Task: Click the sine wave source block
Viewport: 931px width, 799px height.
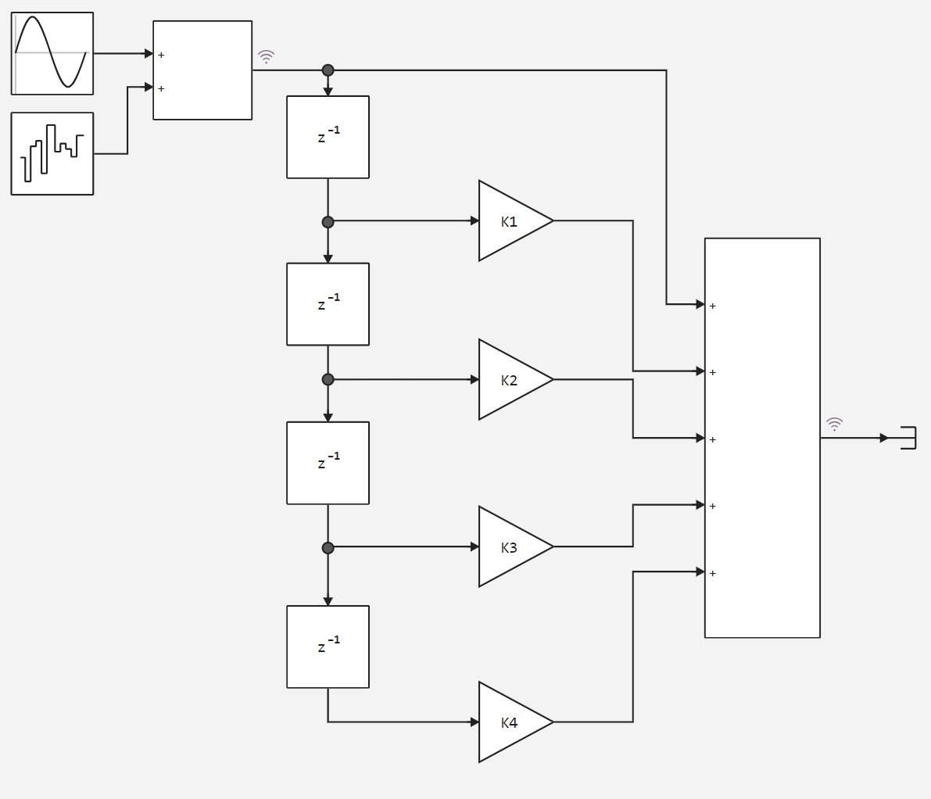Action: (52, 53)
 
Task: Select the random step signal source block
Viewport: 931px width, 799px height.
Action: (52, 153)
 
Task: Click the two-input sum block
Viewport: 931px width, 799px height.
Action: (202, 70)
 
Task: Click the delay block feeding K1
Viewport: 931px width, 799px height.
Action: (328, 138)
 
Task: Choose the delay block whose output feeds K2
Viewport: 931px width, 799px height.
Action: (328, 304)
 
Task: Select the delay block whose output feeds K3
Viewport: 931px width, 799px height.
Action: (328, 463)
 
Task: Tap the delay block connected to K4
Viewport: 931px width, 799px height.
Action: (328, 647)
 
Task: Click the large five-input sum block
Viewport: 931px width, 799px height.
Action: (762, 438)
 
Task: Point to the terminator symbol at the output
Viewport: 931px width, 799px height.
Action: (908, 438)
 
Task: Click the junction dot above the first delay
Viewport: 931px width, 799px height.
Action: (328, 70)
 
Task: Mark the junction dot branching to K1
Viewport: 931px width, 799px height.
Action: (328, 222)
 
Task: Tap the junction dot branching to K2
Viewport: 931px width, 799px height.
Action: (328, 379)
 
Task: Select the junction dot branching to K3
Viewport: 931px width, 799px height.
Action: (328, 548)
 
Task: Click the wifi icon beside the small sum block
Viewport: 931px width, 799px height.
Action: (267, 56)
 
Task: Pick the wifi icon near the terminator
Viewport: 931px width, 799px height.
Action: (835, 425)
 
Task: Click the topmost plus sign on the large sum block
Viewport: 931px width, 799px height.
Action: (713, 306)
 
